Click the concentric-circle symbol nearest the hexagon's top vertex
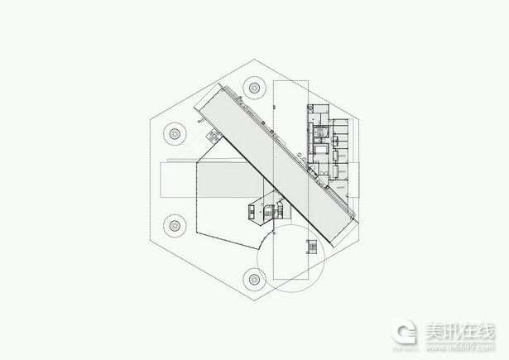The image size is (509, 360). [255, 88]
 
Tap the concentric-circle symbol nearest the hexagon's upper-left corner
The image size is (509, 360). [175, 133]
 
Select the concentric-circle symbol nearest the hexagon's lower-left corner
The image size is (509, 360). [175, 225]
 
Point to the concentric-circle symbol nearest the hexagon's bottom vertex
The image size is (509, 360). [255, 279]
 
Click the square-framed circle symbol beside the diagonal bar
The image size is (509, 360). [214, 136]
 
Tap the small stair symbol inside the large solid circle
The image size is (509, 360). [311, 247]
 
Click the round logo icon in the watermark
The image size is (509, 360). [404, 332]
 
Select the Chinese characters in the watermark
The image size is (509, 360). [460, 331]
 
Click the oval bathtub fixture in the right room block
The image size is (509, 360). [321, 132]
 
